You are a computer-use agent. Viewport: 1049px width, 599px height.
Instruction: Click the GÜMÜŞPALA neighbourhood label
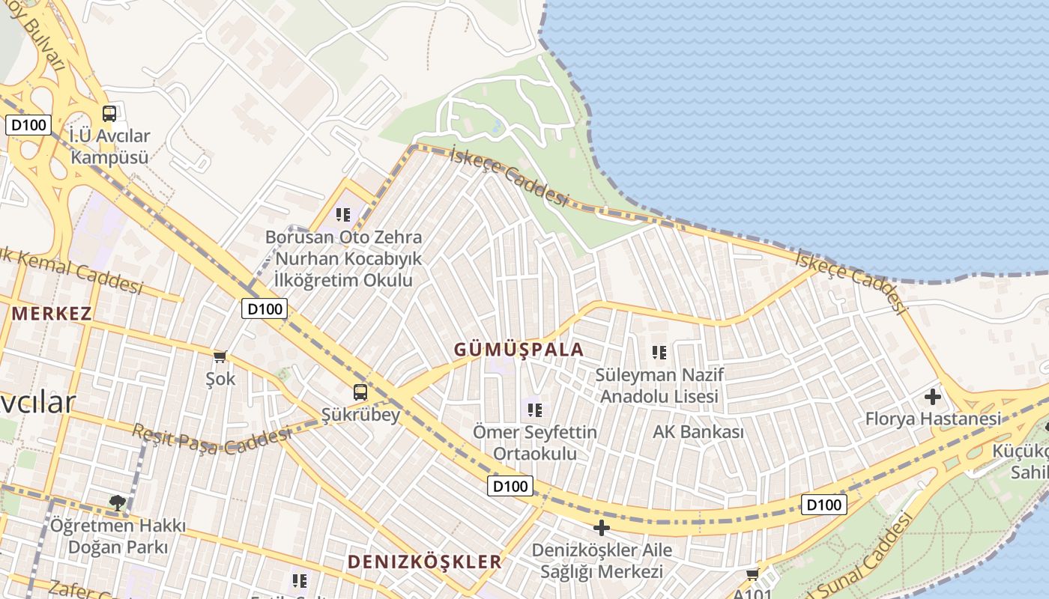(x=519, y=349)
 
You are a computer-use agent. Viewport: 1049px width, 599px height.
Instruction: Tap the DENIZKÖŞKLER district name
(x=424, y=562)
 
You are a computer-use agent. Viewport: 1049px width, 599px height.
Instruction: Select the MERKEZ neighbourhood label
(x=51, y=313)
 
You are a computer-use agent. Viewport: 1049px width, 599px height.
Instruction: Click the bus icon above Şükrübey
(x=360, y=392)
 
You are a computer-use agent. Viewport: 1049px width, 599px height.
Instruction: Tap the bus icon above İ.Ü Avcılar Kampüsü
(x=109, y=114)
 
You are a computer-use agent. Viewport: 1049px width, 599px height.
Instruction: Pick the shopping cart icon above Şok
(x=220, y=356)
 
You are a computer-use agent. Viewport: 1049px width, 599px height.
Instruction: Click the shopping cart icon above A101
(x=752, y=574)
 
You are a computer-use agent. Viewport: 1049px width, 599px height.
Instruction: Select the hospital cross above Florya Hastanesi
(x=933, y=396)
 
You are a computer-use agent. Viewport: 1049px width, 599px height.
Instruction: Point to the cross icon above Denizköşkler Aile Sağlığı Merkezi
(x=601, y=528)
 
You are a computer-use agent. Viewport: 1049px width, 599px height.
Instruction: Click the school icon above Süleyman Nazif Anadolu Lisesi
(x=659, y=352)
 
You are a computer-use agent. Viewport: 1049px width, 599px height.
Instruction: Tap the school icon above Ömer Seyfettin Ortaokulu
(x=534, y=410)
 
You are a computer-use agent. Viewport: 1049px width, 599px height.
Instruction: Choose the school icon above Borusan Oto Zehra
(x=343, y=215)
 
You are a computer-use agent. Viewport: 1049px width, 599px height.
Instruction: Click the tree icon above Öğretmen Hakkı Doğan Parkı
(x=117, y=502)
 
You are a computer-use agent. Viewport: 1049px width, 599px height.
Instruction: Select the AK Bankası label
(x=698, y=432)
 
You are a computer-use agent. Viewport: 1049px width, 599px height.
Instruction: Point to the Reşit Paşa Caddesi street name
(x=212, y=440)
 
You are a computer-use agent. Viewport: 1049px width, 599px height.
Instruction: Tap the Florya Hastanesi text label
(x=933, y=419)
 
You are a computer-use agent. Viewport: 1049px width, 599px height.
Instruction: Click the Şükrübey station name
(x=360, y=414)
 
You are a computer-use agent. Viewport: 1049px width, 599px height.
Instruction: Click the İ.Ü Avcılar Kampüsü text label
(x=109, y=147)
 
